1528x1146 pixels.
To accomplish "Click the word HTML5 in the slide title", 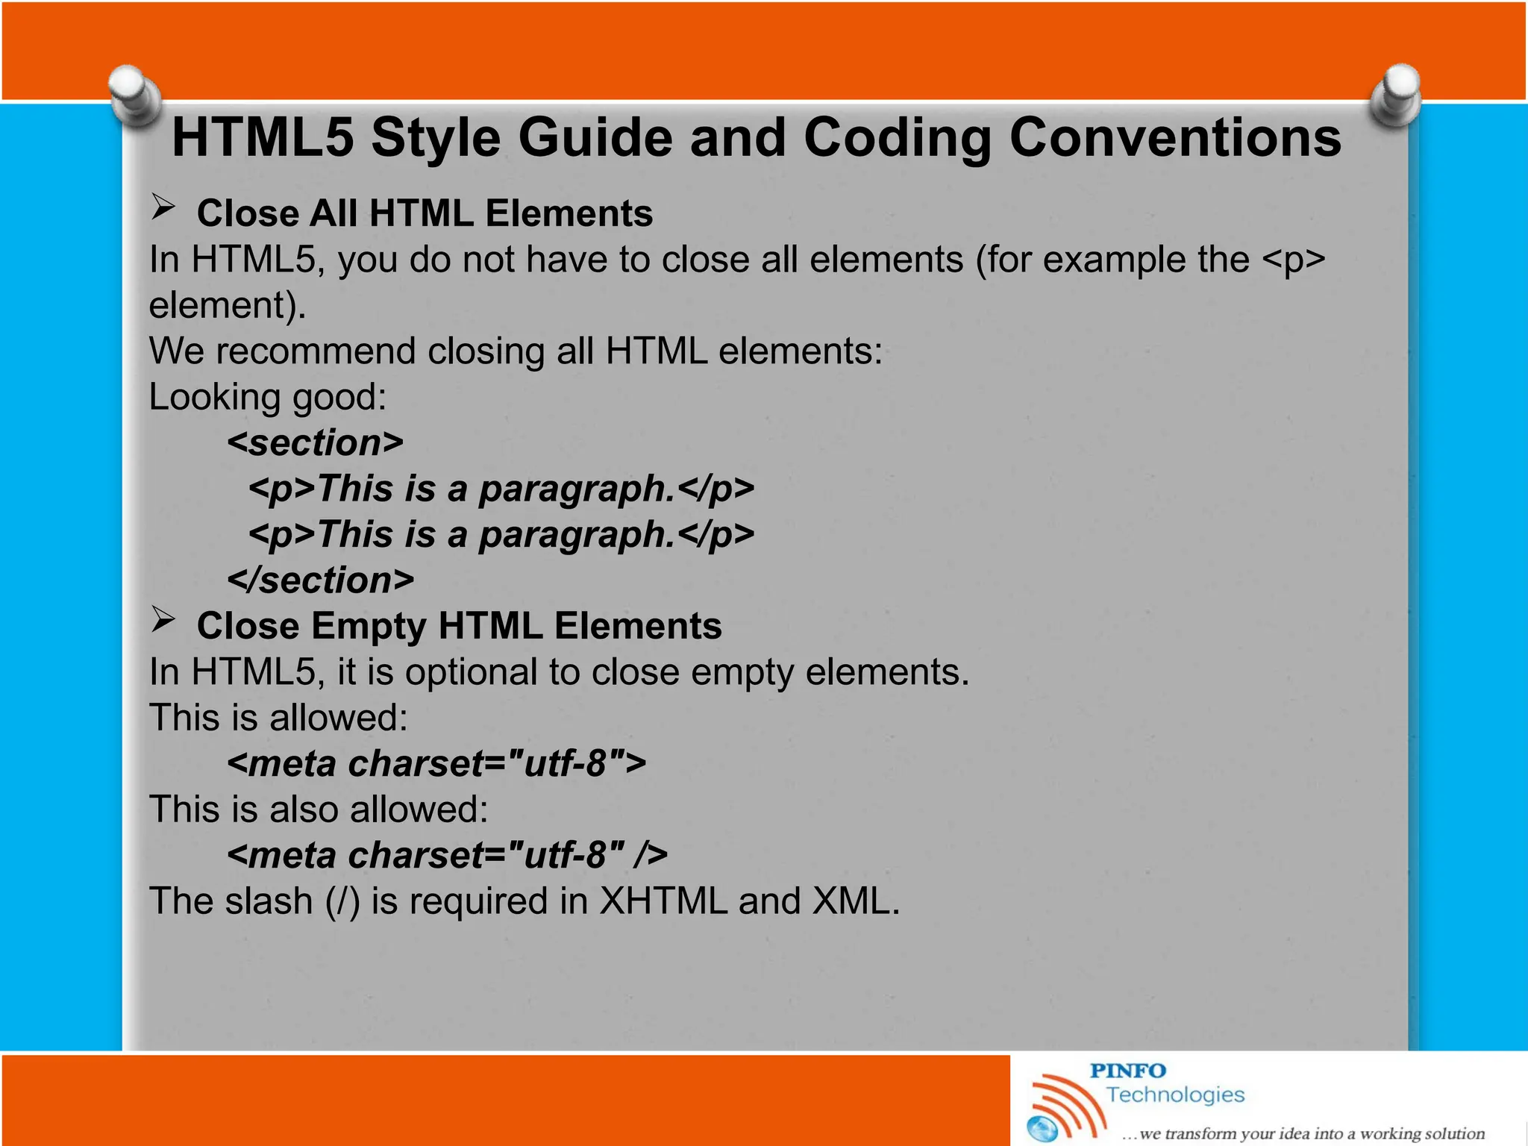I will [263, 138].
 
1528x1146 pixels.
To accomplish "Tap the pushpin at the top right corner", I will [1395, 96].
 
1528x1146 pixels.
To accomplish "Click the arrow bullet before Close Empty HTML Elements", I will [163, 619].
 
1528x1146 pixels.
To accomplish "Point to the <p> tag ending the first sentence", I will [1293, 260].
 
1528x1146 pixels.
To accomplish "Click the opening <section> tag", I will [315, 443].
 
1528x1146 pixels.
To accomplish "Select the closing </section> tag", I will [320, 580].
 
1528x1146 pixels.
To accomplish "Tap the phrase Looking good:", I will [267, 397].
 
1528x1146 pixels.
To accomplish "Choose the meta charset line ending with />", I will [446, 855].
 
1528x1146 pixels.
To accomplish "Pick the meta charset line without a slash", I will [436, 764].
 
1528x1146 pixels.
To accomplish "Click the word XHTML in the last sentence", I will [663, 901].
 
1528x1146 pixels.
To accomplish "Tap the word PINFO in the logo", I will [1127, 1071].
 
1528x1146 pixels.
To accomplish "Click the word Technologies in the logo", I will [1175, 1095].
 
